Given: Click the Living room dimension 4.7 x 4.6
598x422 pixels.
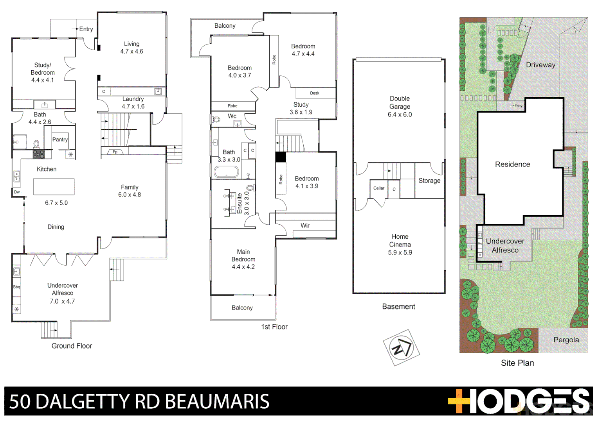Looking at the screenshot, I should point(131,52).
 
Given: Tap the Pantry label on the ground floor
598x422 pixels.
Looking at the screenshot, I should point(60,139).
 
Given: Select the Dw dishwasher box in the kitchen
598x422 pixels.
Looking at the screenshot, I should point(17,192).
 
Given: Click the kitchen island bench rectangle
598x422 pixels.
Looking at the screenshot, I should point(54,187).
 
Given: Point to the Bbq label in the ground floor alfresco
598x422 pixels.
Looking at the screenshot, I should point(16,287).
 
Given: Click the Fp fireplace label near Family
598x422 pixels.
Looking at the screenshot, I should point(115,152).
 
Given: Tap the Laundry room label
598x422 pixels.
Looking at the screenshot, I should point(133,99).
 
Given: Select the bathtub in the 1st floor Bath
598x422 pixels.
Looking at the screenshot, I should point(226,172).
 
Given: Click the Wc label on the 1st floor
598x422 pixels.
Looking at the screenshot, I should point(232,116).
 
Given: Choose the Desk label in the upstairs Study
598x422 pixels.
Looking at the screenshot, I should point(315,93).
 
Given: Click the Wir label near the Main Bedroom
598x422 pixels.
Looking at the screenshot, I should point(305,225).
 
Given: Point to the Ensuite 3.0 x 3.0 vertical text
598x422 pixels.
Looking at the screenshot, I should point(243,203).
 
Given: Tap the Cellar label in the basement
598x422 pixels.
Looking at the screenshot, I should point(378,188).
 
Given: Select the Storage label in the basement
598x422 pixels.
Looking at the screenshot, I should point(429,181).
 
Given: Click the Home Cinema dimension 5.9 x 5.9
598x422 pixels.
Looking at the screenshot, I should point(400,252).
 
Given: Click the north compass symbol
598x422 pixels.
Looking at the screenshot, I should point(401,347).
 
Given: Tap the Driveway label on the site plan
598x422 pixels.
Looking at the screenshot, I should point(540,65).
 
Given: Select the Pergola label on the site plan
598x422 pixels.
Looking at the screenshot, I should point(566,340).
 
